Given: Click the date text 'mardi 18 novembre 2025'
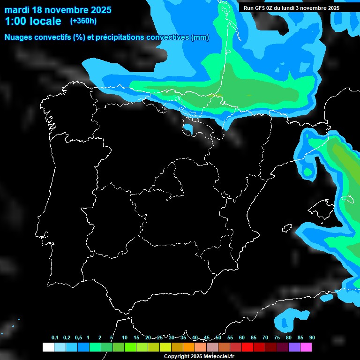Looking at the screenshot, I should click(x=58, y=10).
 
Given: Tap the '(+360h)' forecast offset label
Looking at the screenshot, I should click(x=83, y=21).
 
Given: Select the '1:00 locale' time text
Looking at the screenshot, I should click(x=33, y=21).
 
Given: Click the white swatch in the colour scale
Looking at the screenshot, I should click(x=48, y=347).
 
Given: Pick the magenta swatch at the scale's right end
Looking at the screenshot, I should click(x=306, y=347).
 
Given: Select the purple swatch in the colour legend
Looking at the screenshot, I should click(x=294, y=347).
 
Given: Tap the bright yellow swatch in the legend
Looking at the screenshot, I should click(x=165, y=347).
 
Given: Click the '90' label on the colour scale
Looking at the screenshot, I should click(x=312, y=338).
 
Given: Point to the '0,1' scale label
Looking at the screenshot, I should click(x=55, y=338).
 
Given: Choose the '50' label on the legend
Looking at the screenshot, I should click(x=218, y=338).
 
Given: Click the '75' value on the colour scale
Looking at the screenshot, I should click(x=277, y=338).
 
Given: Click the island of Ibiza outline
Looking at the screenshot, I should click(x=287, y=228).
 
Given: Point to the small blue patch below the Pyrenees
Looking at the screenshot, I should click(x=188, y=128).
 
